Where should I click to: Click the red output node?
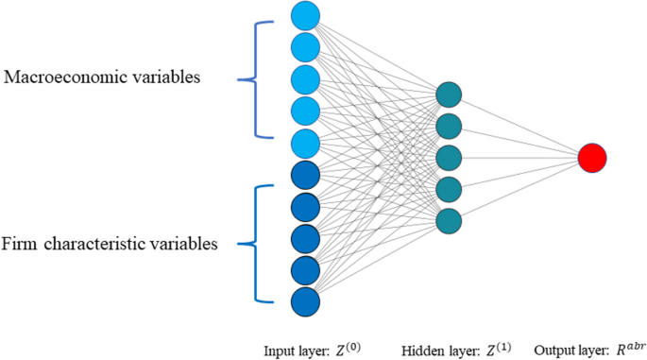pyautogui.click(x=592, y=158)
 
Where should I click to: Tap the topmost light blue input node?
pyautogui.click(x=305, y=14)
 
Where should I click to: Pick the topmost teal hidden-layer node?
pyautogui.click(x=450, y=94)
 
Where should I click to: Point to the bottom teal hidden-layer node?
pyautogui.click(x=450, y=221)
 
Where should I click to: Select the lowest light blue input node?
pyautogui.click(x=305, y=143)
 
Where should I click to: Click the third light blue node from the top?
pyautogui.click(x=305, y=78)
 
